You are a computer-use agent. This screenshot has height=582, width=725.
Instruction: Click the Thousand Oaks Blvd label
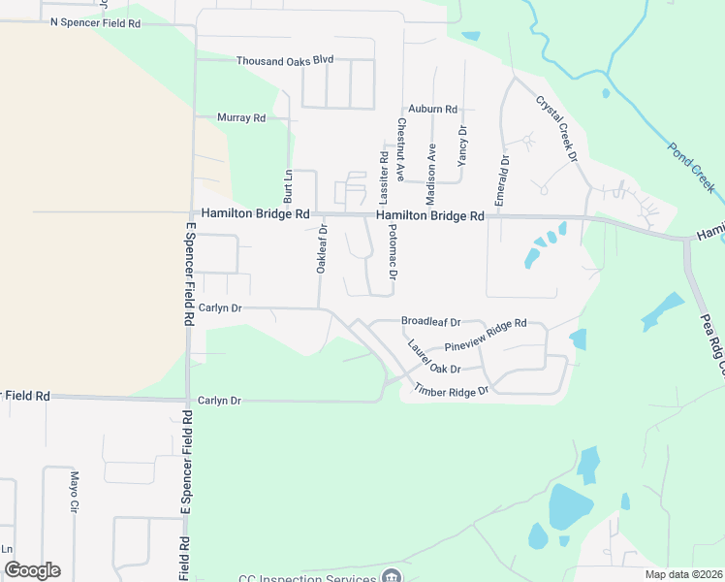pyautogui.click(x=285, y=60)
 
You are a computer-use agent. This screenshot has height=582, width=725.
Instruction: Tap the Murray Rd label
pyautogui.click(x=241, y=118)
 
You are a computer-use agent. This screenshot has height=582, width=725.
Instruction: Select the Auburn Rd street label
pyautogui.click(x=432, y=110)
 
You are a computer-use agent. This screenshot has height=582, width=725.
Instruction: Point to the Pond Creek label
pyautogui.click(x=690, y=166)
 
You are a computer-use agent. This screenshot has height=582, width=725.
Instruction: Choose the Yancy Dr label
pyautogui.click(x=462, y=145)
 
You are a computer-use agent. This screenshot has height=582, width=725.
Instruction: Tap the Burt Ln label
pyautogui.click(x=288, y=185)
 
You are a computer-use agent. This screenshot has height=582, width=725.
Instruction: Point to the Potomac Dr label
pyautogui.click(x=393, y=253)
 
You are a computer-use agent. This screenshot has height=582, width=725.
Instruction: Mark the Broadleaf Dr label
pyautogui.click(x=430, y=321)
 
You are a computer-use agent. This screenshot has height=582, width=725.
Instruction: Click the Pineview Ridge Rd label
pyautogui.click(x=485, y=336)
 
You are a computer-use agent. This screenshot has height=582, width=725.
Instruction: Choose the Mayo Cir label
pyautogui.click(x=73, y=492)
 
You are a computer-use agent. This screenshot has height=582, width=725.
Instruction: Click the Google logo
pyautogui.click(x=32, y=570)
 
